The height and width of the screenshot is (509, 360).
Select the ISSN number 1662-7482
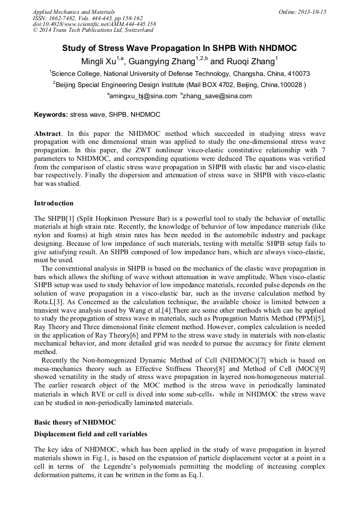(67, 18)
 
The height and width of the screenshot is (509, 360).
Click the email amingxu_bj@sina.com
(143, 96)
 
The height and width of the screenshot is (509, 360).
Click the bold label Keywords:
(51, 114)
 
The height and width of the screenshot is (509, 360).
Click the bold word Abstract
(47, 133)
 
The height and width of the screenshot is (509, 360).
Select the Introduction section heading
(54, 203)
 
